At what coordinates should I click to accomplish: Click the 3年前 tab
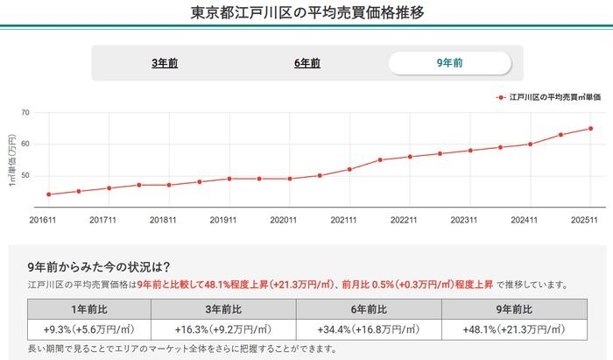pos(166,63)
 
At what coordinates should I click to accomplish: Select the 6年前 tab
pos(307,63)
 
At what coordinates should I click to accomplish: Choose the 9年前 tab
pos(449,63)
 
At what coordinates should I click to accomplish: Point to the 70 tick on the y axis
pos(25,112)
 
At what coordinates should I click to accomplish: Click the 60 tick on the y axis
pos(25,144)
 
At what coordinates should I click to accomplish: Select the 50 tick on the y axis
pos(25,175)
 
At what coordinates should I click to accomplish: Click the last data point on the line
pos(591,129)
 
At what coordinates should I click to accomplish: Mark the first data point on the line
pos(48,194)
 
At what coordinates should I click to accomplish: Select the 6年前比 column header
pos(369,309)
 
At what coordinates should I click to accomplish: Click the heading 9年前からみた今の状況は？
pos(98,266)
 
